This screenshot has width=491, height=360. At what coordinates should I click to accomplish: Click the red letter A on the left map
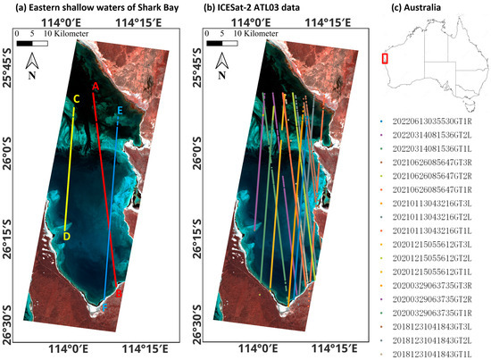95,85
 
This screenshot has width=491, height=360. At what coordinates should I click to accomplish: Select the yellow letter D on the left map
66,237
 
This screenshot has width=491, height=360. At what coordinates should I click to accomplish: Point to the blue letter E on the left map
121,110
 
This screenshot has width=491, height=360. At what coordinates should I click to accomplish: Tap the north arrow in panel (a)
32,64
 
